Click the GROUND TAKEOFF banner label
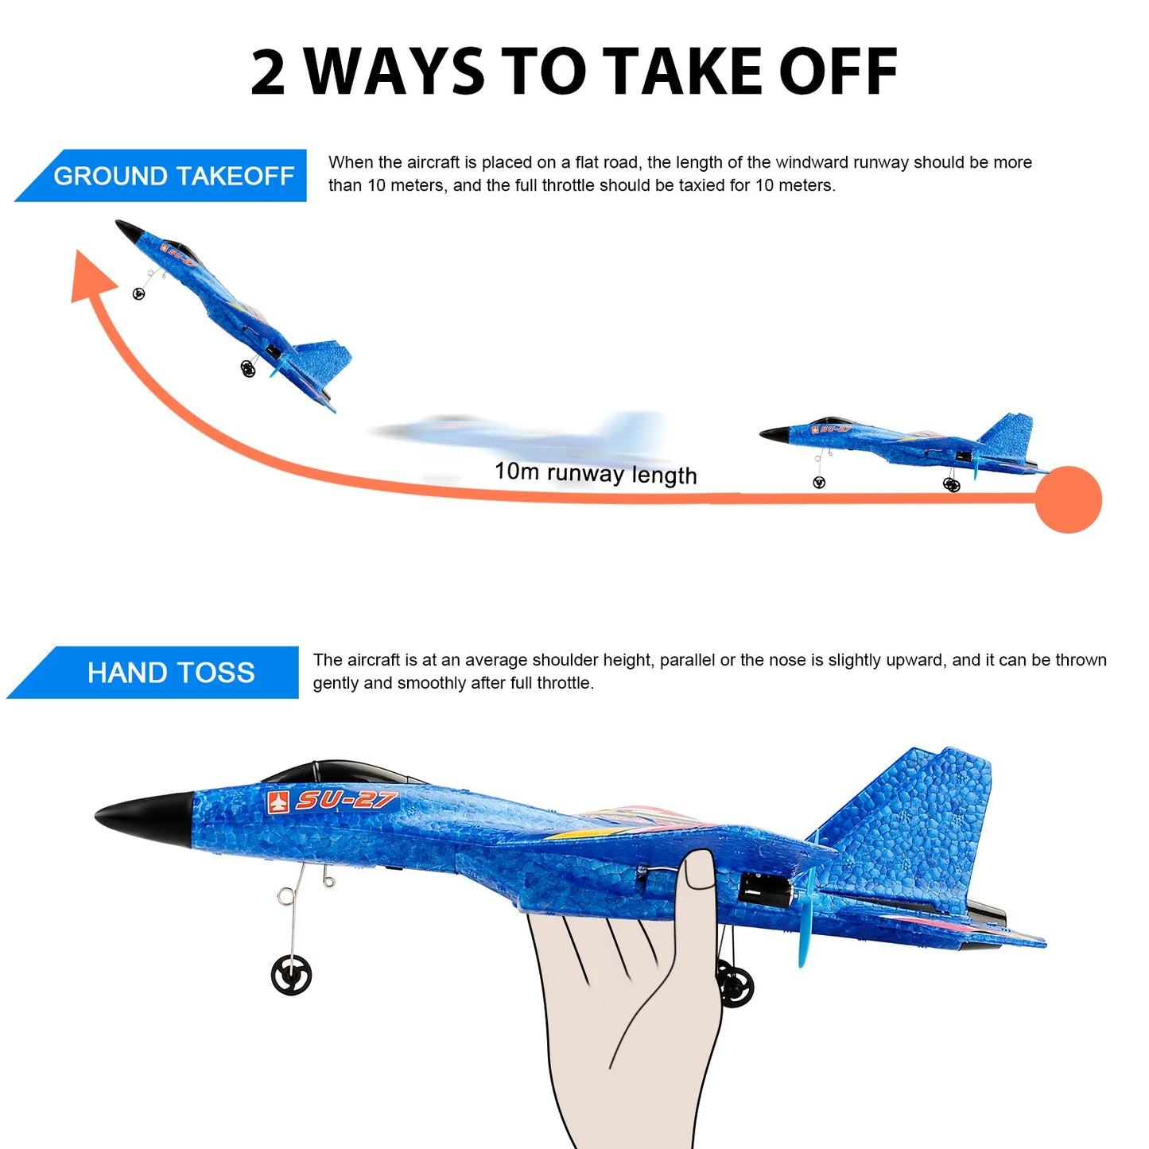click(173, 176)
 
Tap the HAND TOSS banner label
click(170, 673)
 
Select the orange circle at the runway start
click(1068, 499)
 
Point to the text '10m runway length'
click(596, 473)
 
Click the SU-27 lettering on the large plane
click(346, 799)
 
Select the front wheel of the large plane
click(291, 976)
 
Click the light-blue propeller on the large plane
click(806, 914)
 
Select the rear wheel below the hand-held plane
click(736, 984)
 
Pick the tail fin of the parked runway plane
click(1010, 433)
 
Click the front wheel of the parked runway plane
click(819, 482)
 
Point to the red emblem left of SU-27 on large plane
click(278, 802)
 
